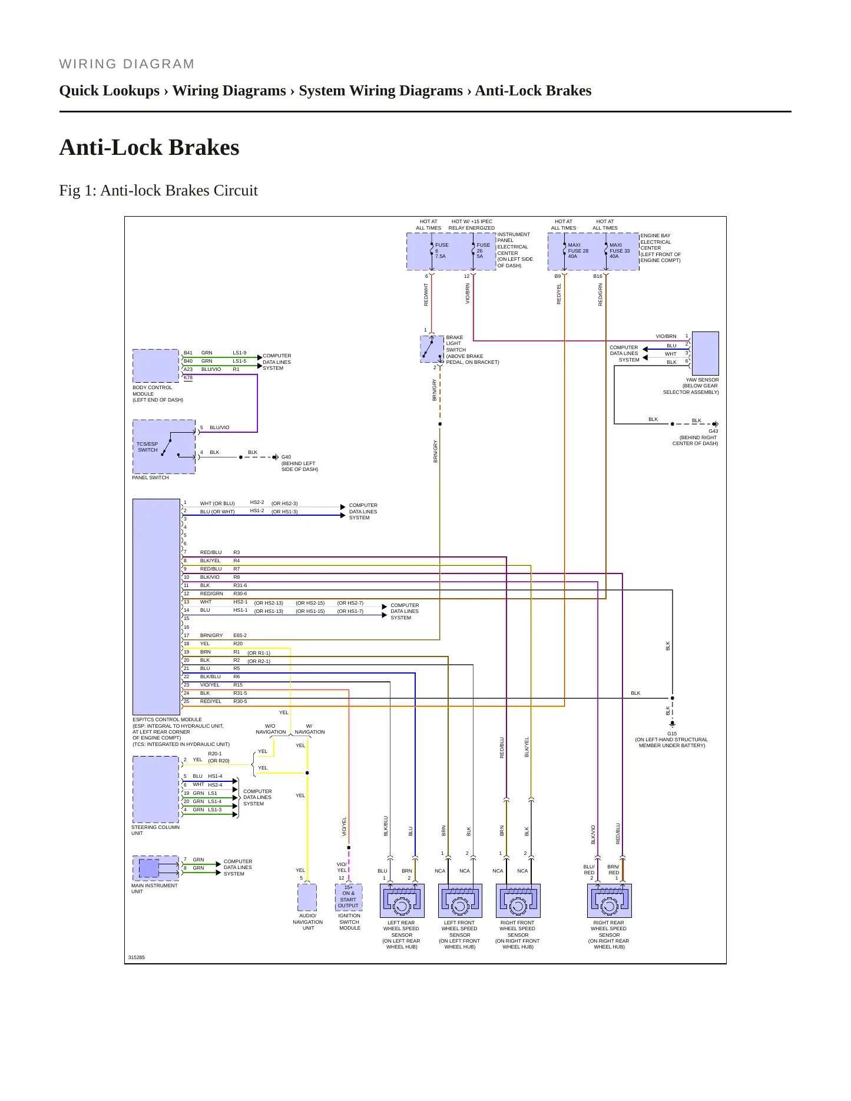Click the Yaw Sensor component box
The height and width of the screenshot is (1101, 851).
(x=706, y=353)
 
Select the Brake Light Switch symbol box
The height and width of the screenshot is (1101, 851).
(x=432, y=349)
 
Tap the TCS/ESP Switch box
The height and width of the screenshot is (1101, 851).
(x=164, y=446)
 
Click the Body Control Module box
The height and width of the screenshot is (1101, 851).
(x=155, y=366)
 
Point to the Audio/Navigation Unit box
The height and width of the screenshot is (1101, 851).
(x=307, y=897)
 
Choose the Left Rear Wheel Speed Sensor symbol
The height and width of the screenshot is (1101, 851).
(x=402, y=900)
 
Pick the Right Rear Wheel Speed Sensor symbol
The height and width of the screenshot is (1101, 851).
(x=610, y=900)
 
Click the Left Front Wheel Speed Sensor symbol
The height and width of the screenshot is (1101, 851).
(x=460, y=900)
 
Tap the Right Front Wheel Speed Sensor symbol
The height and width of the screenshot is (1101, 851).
(x=518, y=900)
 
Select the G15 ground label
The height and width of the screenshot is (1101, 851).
(x=672, y=734)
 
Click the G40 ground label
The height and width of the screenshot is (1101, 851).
(x=286, y=457)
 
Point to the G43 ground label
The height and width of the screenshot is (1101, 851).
(x=713, y=431)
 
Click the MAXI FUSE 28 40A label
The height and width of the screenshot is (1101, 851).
(x=578, y=251)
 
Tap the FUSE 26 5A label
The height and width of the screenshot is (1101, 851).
(x=483, y=251)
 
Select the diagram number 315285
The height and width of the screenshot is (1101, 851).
(x=137, y=957)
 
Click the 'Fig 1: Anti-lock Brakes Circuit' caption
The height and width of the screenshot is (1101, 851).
(x=158, y=190)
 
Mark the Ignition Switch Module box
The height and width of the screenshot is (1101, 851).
(x=349, y=897)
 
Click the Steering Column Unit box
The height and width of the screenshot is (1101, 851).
(x=155, y=789)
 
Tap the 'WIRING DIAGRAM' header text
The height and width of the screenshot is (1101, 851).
(x=127, y=64)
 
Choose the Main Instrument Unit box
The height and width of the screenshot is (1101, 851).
(x=155, y=868)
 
